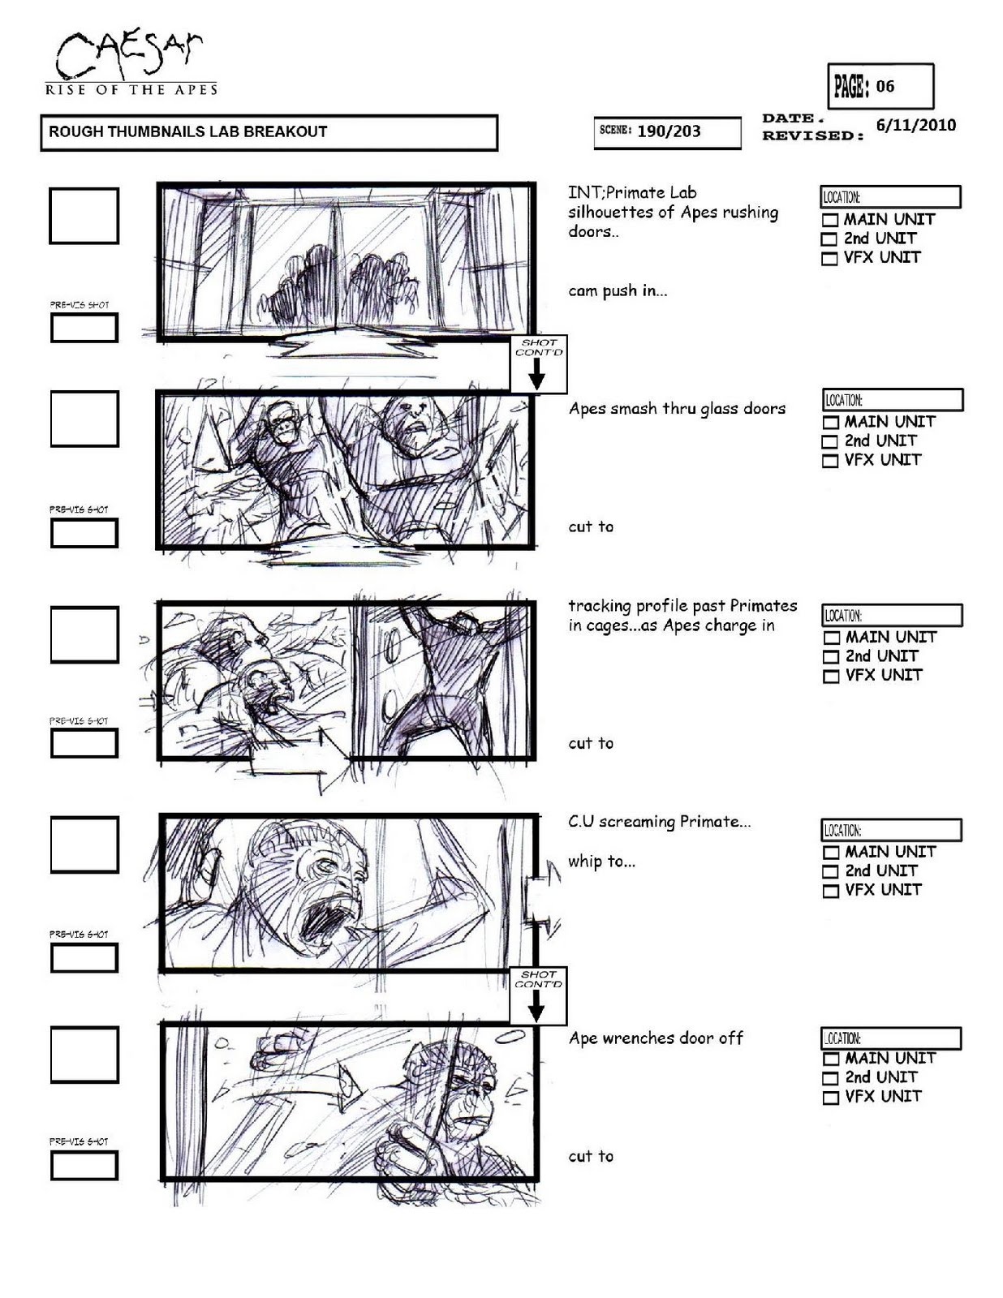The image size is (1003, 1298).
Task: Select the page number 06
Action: [x=885, y=87]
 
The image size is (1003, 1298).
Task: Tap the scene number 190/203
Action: [x=669, y=131]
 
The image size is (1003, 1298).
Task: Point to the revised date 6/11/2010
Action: [x=916, y=126]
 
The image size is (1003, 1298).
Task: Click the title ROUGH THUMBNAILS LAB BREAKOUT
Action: [x=187, y=132]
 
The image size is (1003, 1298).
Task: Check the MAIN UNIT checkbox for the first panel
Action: [x=830, y=220]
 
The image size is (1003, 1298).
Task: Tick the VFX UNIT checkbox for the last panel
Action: [x=830, y=1098]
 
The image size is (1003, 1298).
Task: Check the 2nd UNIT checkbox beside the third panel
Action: [x=830, y=657]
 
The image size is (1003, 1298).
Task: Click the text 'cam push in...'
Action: [x=617, y=291]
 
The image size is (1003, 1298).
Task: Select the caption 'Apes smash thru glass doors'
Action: [x=677, y=409]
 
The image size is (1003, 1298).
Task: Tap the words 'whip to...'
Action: [x=601, y=862]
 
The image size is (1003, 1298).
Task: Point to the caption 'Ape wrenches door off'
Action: [x=656, y=1038]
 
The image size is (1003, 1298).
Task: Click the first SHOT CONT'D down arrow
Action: [x=537, y=374]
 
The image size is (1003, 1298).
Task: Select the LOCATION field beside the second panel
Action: [x=893, y=400]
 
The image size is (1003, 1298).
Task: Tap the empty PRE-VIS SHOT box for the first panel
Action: [x=84, y=328]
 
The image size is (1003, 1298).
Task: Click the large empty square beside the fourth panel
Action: [x=84, y=845]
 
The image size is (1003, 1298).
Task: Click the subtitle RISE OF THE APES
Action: [x=131, y=90]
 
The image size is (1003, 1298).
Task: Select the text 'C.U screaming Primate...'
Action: [x=660, y=822]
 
